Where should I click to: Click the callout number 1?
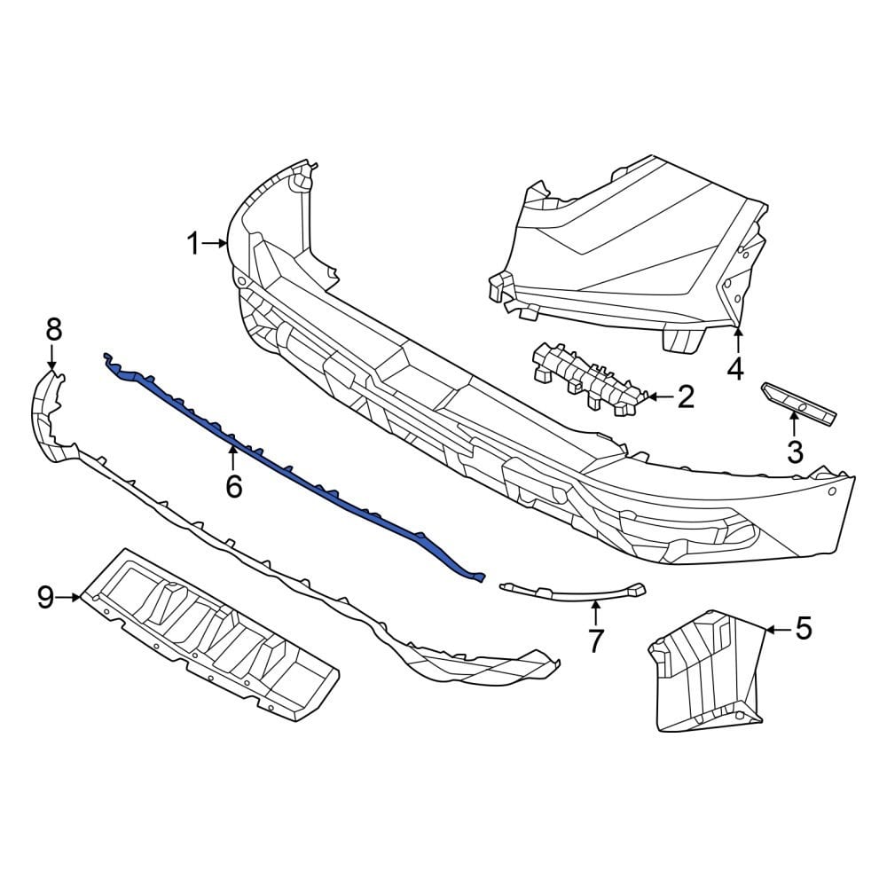pos(194,243)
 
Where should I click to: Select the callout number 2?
pos(686,396)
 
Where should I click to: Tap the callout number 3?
pos(795,451)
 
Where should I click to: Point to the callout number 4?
pos(735,367)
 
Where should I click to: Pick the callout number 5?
pos(803,629)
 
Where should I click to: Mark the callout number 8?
pos(53,330)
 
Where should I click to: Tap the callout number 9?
pos(46,598)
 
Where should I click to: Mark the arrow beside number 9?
pos(69,598)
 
